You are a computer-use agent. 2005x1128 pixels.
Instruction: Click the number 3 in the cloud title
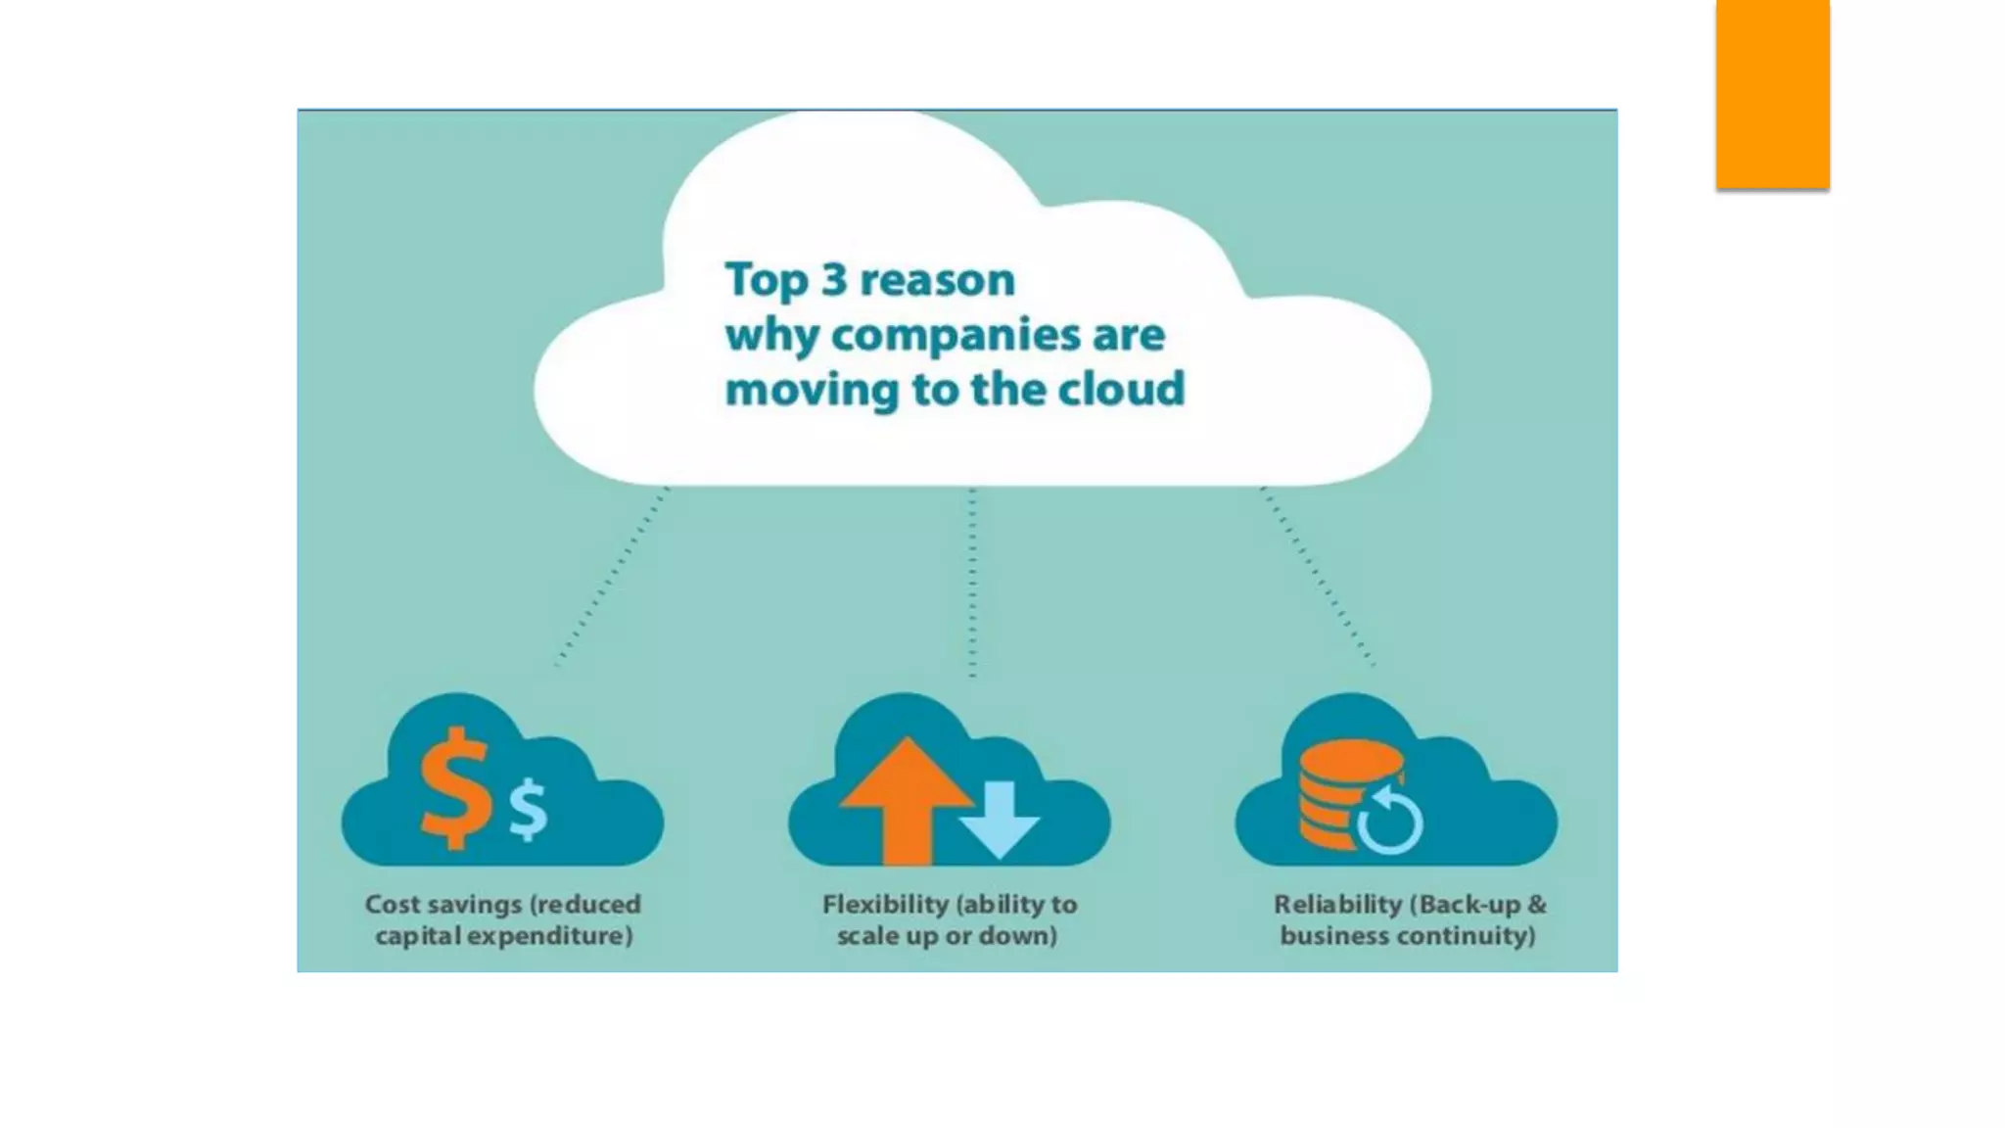pos(834,280)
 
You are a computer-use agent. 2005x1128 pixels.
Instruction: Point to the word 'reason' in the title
pos(937,281)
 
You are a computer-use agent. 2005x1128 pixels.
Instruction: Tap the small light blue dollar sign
pos(529,809)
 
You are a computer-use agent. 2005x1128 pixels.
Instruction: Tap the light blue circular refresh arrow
pos(1391,821)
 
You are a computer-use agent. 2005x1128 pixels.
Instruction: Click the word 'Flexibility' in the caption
pos(885,904)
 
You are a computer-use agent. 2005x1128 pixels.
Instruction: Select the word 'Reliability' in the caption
pos(1337,904)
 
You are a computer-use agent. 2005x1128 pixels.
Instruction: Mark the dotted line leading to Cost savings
pos(612,578)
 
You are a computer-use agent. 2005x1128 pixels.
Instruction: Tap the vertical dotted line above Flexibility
pos(972,583)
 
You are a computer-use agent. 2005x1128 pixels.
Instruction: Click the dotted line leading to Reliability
pos(1318,578)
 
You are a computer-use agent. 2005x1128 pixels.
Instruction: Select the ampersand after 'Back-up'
pos(1536,904)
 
